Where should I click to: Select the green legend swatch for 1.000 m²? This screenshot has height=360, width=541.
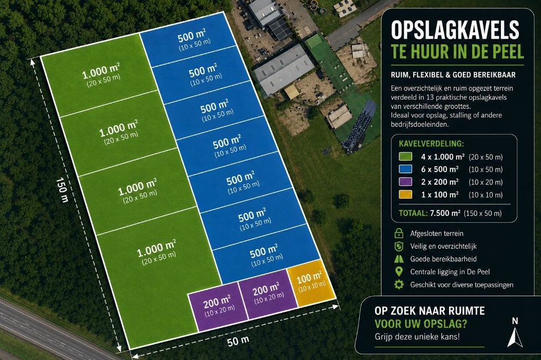coord(405,157)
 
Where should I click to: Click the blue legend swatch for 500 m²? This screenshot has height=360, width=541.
coord(405,169)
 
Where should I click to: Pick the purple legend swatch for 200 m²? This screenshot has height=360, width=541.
coord(405,182)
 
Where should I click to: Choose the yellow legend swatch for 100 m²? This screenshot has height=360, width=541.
coord(405,194)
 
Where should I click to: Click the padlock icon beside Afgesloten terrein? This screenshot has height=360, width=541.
coord(399,233)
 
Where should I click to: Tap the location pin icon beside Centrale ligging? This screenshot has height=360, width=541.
coord(399,272)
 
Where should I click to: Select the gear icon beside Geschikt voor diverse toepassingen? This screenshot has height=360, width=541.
coord(399,285)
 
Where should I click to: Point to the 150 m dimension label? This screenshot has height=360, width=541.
coord(62,190)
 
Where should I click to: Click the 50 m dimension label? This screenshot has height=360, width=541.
coord(238,340)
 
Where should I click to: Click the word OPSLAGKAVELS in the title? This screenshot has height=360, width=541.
coord(455,30)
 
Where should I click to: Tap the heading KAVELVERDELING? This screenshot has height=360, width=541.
coord(431,144)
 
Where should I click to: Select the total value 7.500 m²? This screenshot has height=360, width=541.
coord(445,213)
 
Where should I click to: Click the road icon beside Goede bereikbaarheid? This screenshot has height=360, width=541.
coord(399,259)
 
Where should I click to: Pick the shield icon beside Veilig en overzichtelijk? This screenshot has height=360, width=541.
coord(399,246)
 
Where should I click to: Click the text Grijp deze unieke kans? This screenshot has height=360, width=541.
coord(417,337)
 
